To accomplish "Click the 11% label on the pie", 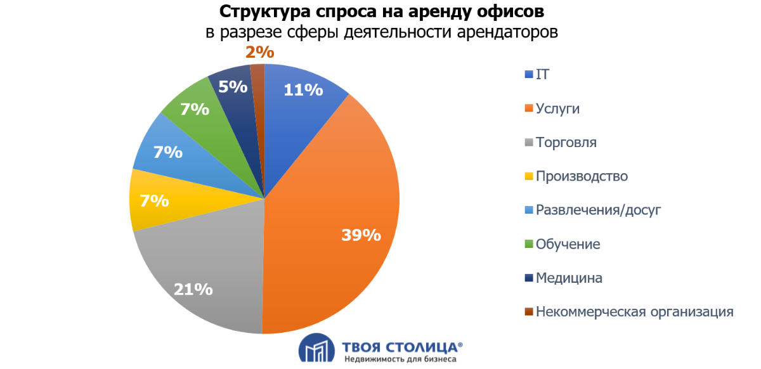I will (303, 90).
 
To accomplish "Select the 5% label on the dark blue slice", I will (233, 86).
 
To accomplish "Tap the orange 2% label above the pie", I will (259, 53).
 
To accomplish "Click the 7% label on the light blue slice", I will (167, 152).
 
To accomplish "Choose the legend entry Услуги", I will (557, 108).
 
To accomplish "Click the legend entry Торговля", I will (566, 142).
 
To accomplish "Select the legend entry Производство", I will (582, 176).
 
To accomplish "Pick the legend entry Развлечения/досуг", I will (598, 210).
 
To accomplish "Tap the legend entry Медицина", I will (569, 278).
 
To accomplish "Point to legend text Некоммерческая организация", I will (634, 311).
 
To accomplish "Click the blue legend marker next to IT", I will (529, 75).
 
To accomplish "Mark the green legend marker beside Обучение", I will (529, 244).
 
